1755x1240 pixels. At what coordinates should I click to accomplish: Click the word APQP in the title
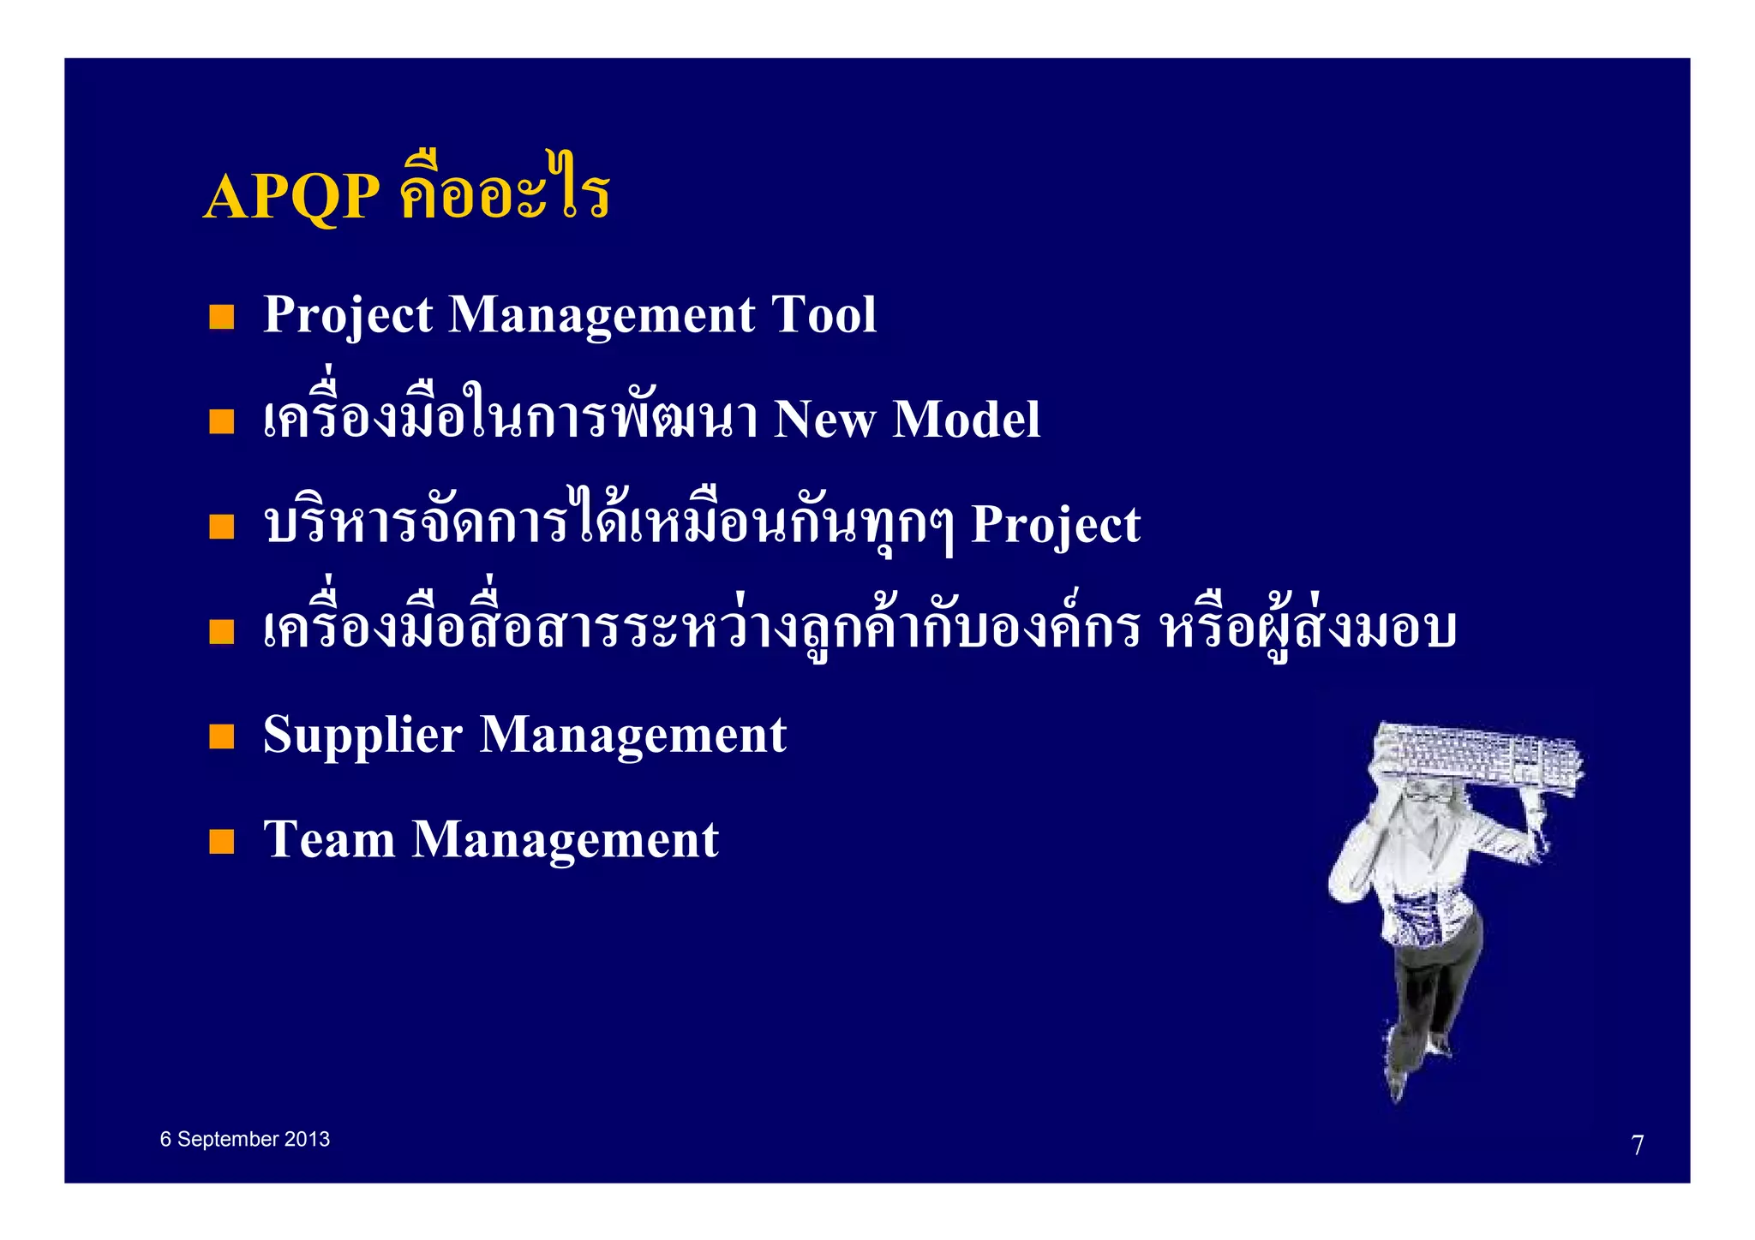pos(292,196)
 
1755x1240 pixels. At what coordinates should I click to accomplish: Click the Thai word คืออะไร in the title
pos(505,193)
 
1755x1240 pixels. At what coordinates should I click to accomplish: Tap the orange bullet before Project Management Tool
pos(222,317)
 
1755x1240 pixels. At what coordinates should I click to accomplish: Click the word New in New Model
pos(824,420)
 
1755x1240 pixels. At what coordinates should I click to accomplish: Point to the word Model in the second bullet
pos(966,420)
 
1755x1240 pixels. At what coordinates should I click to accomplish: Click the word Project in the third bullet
pos(1055,524)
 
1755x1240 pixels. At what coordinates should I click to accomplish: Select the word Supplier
pos(362,736)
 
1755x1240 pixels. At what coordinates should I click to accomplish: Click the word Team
pos(328,839)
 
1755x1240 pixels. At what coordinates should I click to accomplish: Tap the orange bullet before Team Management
pos(222,841)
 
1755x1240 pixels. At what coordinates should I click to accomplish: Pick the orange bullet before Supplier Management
pos(222,736)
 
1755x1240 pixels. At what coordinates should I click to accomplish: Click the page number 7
pos(1637,1145)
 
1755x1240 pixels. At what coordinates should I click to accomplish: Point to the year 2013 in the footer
pos(307,1139)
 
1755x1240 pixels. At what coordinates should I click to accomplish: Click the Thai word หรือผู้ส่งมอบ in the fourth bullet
pos(1308,629)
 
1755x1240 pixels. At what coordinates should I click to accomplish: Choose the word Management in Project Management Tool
pos(602,314)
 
